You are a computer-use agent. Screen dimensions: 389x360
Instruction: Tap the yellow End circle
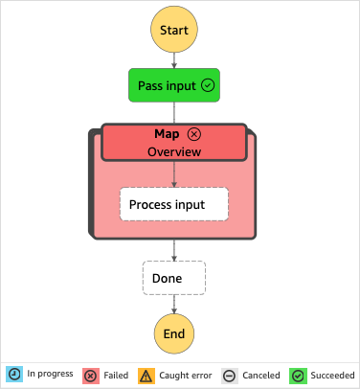(173, 334)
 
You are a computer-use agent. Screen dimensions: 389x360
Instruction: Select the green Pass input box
(173, 85)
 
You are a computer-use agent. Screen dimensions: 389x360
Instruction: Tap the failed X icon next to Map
(194, 134)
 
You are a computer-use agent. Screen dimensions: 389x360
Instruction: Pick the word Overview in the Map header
(173, 151)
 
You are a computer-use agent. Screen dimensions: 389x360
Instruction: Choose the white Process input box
(173, 205)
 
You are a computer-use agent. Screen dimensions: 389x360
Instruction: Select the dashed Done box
(173, 279)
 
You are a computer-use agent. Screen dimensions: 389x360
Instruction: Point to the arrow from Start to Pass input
(173, 60)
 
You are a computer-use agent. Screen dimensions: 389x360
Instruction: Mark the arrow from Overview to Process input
(173, 174)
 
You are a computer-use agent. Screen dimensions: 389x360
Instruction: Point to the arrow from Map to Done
(173, 249)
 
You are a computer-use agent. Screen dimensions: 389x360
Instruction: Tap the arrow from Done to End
(173, 304)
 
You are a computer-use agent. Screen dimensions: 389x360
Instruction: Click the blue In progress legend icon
(14, 375)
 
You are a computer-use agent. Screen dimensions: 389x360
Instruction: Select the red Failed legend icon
(90, 375)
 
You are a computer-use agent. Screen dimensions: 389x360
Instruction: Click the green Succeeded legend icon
(298, 375)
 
